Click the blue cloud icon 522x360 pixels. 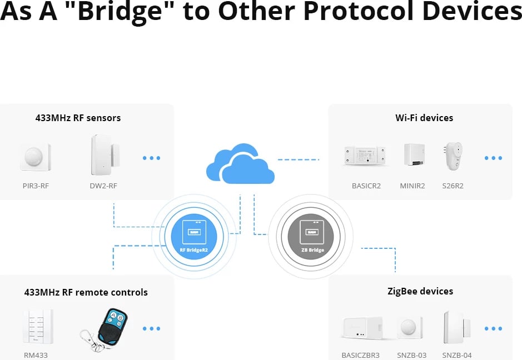(x=240, y=164)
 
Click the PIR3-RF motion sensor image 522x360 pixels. (x=36, y=157)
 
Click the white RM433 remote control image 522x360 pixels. (x=34, y=327)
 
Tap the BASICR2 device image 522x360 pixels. (x=366, y=156)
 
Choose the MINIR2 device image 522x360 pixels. (x=414, y=156)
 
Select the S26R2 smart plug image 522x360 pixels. (x=453, y=156)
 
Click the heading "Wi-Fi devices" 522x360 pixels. (x=424, y=118)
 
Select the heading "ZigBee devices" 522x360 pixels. (x=420, y=291)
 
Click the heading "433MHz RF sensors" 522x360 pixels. (x=78, y=118)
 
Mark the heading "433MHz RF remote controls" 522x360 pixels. (x=86, y=292)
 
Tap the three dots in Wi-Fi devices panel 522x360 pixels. (x=493, y=158)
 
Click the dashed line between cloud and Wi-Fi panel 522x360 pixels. (x=299, y=160)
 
